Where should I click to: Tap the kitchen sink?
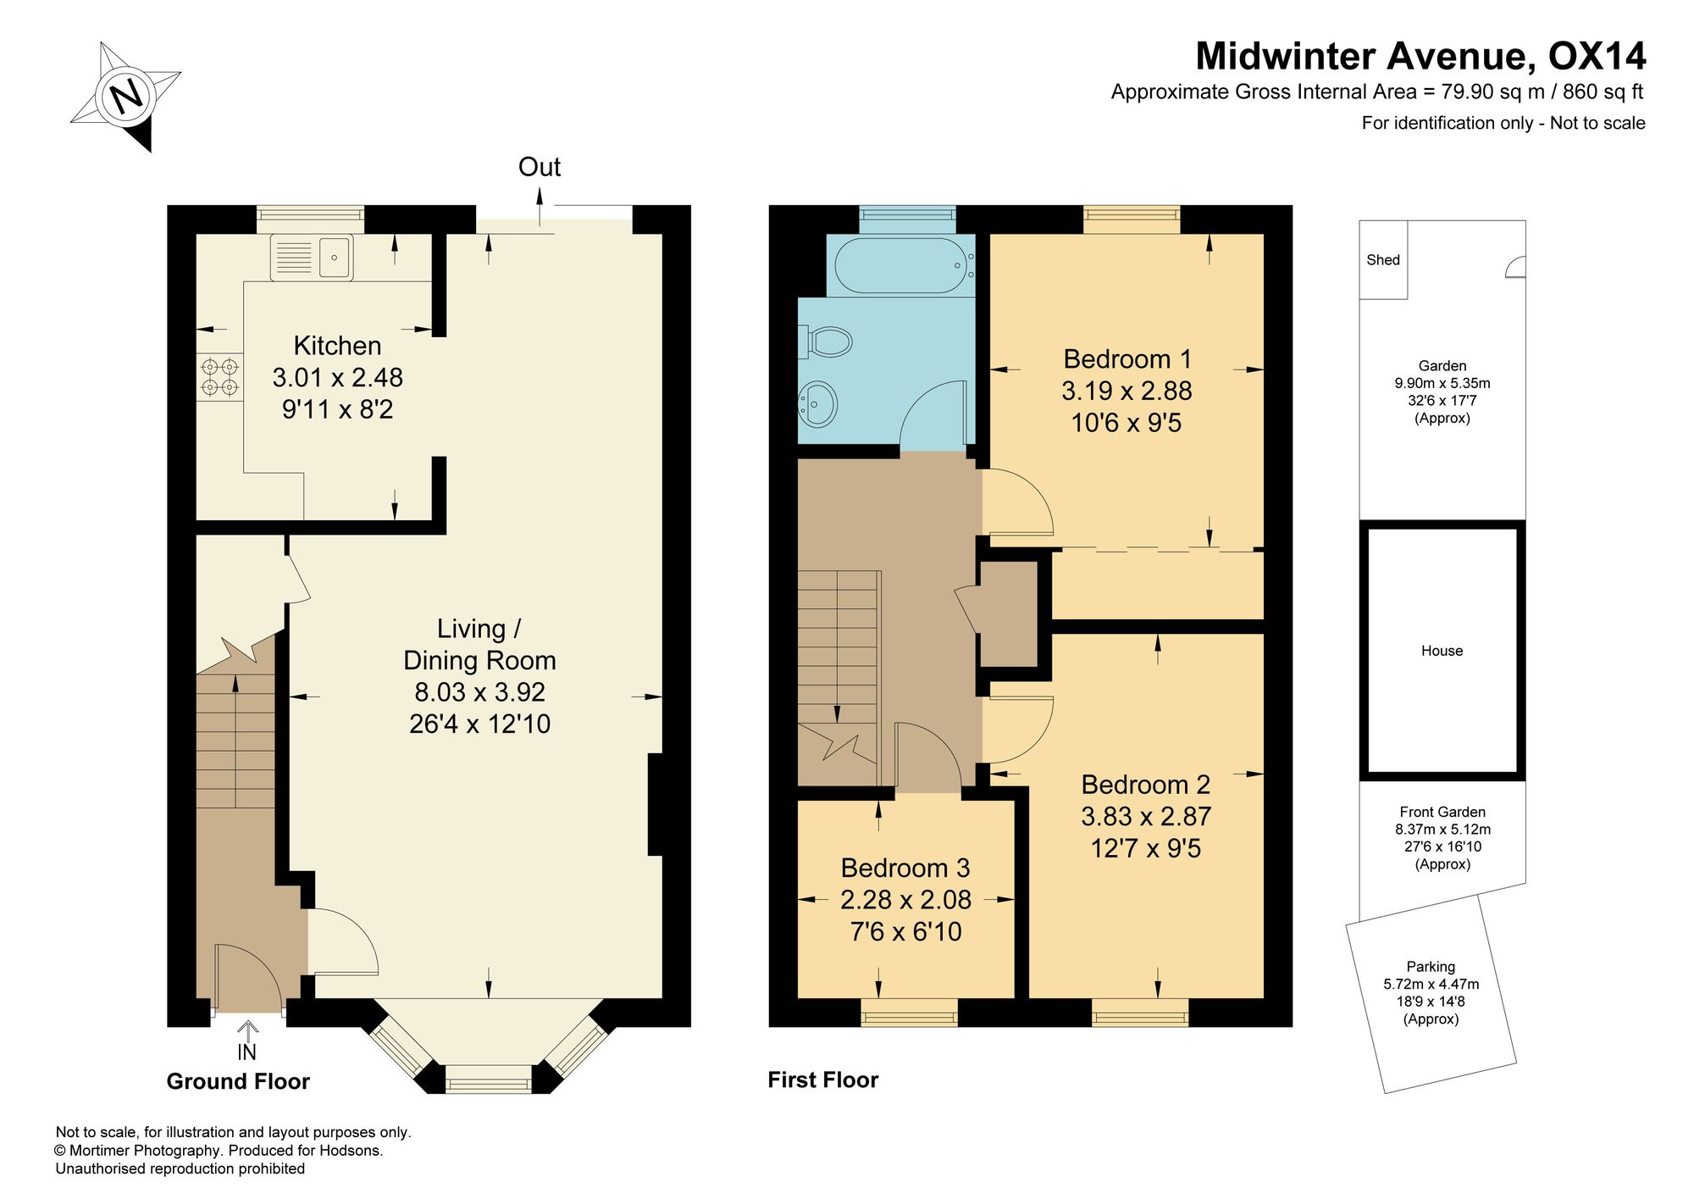[x=312, y=258]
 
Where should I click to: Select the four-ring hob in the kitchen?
[x=219, y=377]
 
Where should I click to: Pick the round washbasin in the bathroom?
[x=817, y=402]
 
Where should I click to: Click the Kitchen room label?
[x=337, y=346]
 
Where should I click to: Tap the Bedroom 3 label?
[x=905, y=868]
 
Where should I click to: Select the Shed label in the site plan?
[x=1382, y=260]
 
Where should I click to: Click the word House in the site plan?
[x=1442, y=651]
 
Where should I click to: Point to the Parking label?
[x=1431, y=966]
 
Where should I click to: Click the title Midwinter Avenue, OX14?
[x=1420, y=56]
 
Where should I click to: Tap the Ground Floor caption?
[x=238, y=1081]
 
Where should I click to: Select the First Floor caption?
[x=822, y=1080]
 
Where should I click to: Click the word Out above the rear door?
[x=540, y=167]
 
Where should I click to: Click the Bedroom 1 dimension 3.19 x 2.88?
[x=1127, y=391]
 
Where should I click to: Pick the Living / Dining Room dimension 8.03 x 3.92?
[x=479, y=692]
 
